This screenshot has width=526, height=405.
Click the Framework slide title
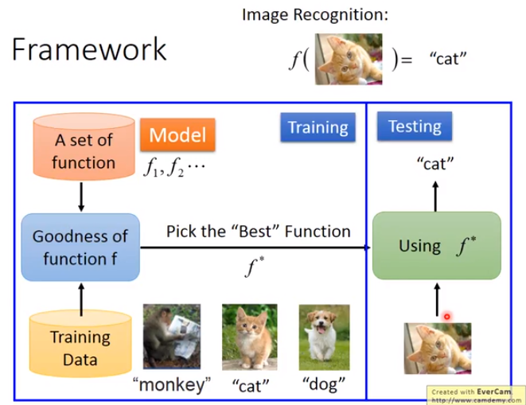[x=89, y=49]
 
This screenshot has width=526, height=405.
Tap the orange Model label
[x=177, y=134]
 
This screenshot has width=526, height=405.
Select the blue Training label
[x=318, y=127]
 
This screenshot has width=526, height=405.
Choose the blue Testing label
[x=415, y=127]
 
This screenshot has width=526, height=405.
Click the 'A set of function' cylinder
[x=84, y=146]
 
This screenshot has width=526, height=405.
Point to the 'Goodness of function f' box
[x=80, y=247]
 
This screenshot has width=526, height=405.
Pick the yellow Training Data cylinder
[x=80, y=343]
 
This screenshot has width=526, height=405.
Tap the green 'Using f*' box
[x=437, y=246]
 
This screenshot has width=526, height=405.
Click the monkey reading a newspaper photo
[x=172, y=337]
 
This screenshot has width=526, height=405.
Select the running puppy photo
[x=324, y=337]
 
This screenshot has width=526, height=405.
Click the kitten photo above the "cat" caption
[x=250, y=337]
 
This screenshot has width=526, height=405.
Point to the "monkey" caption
[x=172, y=385]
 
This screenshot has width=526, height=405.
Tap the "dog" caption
[x=324, y=384]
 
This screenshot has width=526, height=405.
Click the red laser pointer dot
[x=447, y=317]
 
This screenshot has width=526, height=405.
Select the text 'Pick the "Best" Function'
[x=259, y=232]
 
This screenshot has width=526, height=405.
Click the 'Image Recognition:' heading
[x=315, y=15]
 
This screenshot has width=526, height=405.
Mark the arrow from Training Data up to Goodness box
[x=81, y=299]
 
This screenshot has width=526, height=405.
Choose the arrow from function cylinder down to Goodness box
[x=81, y=197]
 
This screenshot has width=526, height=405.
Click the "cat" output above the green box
[x=435, y=164]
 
